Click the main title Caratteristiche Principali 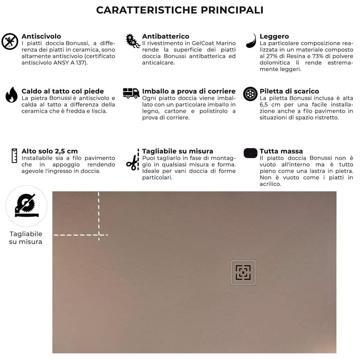click(x=180, y=10)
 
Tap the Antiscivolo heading click(x=41, y=37)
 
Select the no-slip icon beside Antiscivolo click(x=10, y=41)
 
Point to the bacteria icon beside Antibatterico click(x=133, y=41)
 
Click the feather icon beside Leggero click(x=250, y=41)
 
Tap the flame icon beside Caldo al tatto click(x=11, y=95)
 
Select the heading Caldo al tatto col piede click(x=63, y=91)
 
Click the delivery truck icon click(x=131, y=93)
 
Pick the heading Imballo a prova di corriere click(x=189, y=91)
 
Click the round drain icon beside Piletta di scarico click(x=250, y=94)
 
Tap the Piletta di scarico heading click(x=289, y=91)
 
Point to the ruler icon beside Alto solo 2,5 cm click(x=12, y=155)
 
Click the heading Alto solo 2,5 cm click(x=50, y=151)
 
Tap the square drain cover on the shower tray click(x=243, y=272)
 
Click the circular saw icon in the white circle click(x=26, y=206)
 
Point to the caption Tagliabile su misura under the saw click(x=26, y=238)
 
